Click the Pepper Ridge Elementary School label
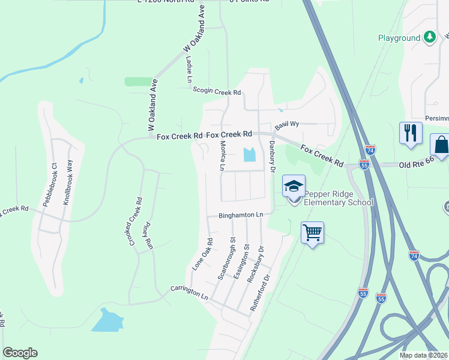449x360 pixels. click(x=338, y=198)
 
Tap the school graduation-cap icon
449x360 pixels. click(x=294, y=187)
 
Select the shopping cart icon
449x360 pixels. click(x=312, y=232)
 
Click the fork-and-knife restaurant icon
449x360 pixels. click(x=411, y=133)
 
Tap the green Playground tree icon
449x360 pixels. click(x=430, y=38)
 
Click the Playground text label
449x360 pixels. click(x=399, y=38)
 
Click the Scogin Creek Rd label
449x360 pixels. click(x=217, y=91)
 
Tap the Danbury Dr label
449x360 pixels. click(x=272, y=158)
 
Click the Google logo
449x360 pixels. click(x=20, y=353)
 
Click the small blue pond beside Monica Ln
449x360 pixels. click(x=249, y=155)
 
